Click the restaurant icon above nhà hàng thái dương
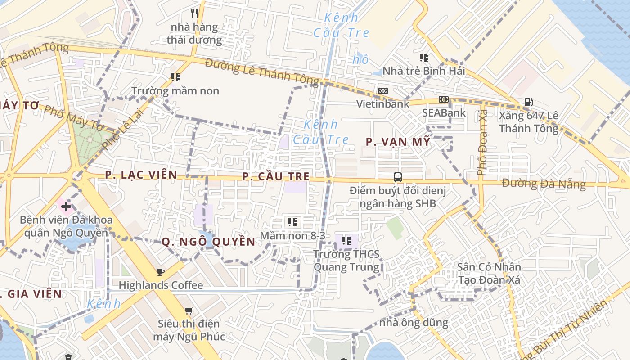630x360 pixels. tap(194, 13)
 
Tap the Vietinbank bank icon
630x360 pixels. tap(383, 91)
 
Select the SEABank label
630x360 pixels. tap(444, 113)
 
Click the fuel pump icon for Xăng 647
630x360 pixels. tap(528, 103)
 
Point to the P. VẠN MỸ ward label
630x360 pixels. tap(398, 142)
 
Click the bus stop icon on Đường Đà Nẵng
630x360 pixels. tap(398, 177)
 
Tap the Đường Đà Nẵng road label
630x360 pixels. tap(544, 184)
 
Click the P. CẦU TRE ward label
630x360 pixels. tap(276, 176)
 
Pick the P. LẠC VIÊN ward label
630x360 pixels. tap(141, 175)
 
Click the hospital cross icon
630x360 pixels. tap(66, 207)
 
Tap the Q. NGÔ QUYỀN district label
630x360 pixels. tap(208, 242)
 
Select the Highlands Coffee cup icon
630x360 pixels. tap(161, 272)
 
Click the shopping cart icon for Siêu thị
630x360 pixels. tap(189, 310)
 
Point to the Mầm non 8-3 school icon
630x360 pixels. tap(292, 222)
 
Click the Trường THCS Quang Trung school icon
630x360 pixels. tap(346, 241)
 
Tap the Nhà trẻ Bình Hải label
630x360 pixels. tap(423, 71)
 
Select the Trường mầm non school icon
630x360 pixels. tap(175, 77)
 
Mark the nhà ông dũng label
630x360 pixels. tap(414, 323)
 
